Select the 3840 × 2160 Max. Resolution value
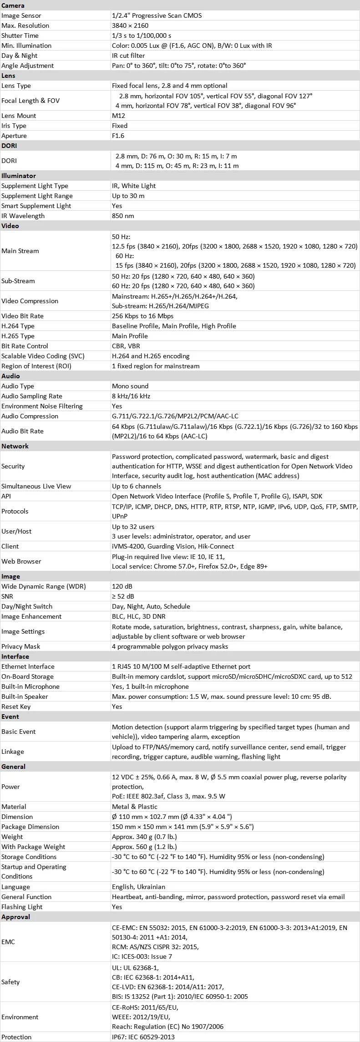[x=130, y=25]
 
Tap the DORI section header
[x=9, y=146]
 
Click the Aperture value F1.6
[x=118, y=136]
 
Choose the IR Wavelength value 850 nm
[x=123, y=216]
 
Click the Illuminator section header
[x=19, y=176]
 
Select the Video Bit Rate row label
[x=22, y=316]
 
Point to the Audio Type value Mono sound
[x=130, y=386]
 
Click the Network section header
[x=15, y=446]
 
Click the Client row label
[x=10, y=546]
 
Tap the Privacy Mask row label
[x=20, y=646]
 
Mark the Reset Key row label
[x=16, y=707]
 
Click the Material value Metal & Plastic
[x=135, y=807]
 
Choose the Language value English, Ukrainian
[x=138, y=887]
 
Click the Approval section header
[x=15, y=917]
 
